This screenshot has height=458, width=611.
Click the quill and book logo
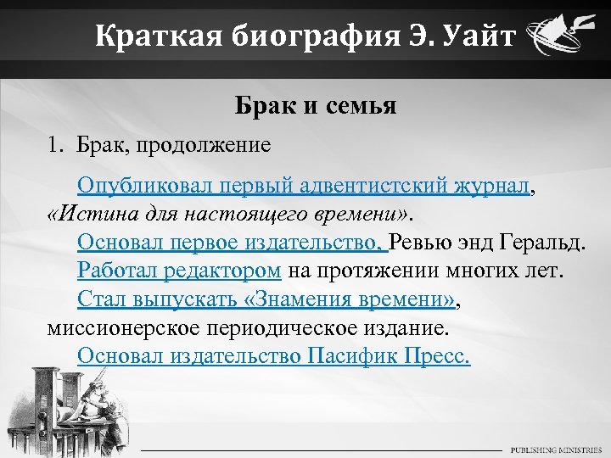(x=558, y=38)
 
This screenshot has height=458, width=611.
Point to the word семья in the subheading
(x=361, y=107)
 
